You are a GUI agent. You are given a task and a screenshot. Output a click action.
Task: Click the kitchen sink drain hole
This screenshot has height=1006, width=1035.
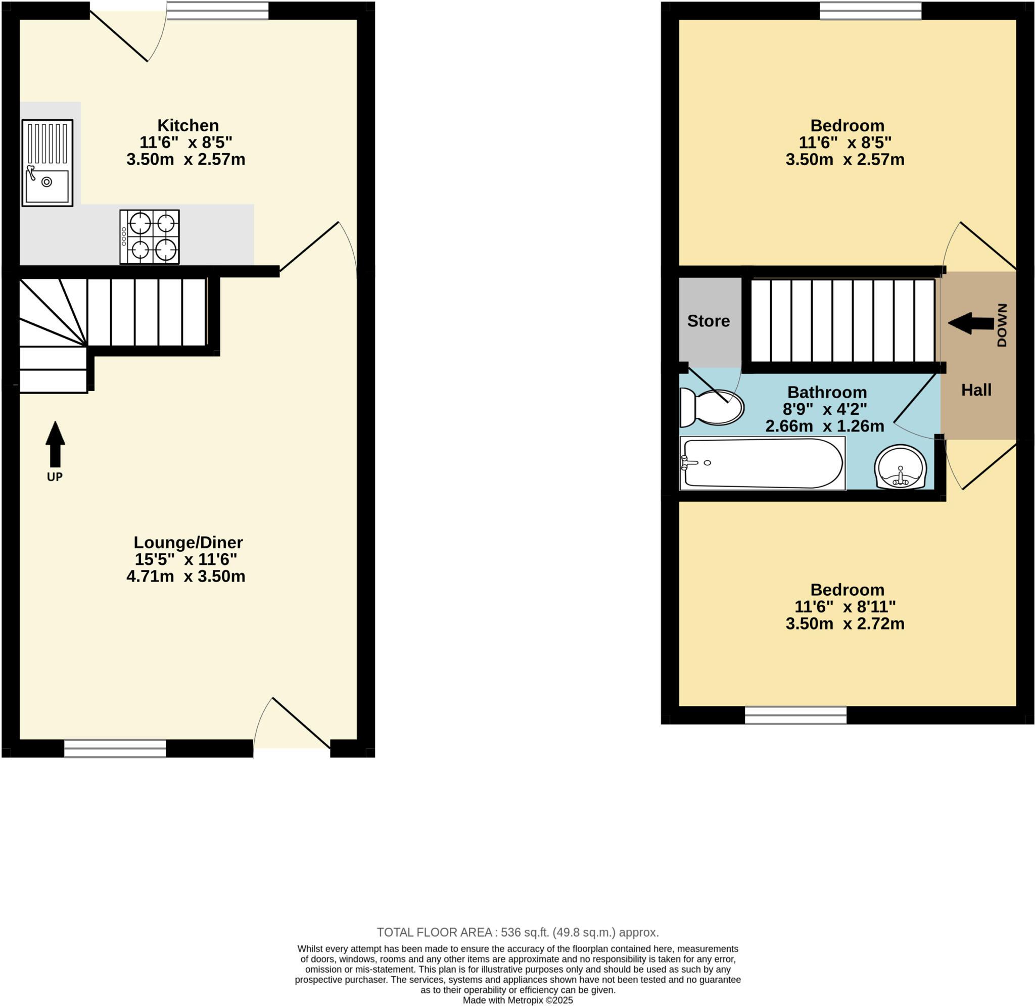(46, 182)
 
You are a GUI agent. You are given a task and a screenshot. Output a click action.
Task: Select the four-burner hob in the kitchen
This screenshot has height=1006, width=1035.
(150, 236)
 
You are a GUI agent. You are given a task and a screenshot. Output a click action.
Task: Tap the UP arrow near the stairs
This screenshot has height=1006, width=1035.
(55, 444)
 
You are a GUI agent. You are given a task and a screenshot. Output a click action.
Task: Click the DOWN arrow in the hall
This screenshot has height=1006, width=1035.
(971, 323)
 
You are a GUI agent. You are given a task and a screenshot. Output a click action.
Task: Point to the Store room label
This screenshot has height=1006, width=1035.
(708, 321)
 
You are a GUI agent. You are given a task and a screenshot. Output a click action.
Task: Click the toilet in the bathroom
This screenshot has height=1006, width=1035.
(711, 407)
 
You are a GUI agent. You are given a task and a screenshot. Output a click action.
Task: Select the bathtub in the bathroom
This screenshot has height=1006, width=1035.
(762, 463)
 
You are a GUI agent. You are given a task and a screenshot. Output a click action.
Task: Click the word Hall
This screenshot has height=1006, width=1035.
(976, 391)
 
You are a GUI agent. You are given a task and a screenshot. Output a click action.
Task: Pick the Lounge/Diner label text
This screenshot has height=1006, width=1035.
(188, 543)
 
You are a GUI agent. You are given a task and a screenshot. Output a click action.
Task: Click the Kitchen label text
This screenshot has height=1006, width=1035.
(188, 126)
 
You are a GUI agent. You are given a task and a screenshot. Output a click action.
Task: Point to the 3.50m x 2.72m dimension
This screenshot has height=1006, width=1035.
(844, 624)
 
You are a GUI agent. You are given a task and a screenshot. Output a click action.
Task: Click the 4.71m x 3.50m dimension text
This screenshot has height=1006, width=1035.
(186, 577)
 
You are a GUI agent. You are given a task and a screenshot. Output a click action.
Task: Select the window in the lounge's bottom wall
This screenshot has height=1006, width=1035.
(115, 748)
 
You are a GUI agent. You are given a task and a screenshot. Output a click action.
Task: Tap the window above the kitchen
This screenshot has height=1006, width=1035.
(218, 11)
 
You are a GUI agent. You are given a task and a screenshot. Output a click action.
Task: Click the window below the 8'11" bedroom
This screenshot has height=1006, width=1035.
(795, 715)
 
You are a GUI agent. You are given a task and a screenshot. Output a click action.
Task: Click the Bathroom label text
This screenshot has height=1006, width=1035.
(827, 393)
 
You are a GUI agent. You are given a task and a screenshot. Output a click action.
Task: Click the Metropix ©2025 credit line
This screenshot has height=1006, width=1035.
(518, 1000)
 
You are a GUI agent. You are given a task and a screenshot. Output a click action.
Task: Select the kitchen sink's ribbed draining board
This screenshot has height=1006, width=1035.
(48, 143)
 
